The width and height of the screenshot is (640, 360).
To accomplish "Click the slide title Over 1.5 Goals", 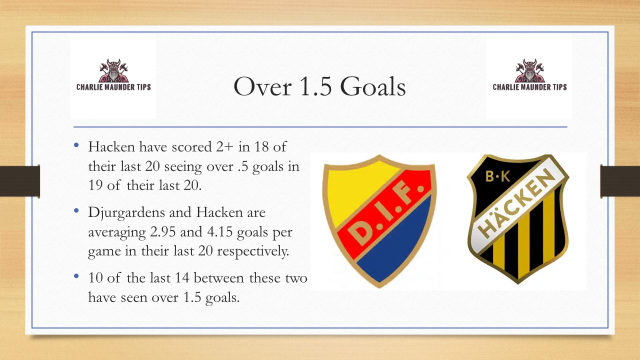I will [319, 87].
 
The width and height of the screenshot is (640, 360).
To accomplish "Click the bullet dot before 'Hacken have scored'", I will [77, 147].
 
